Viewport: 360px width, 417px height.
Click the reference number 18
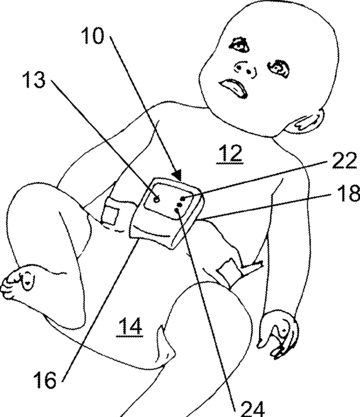[346, 194]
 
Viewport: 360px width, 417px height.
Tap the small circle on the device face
[156, 198]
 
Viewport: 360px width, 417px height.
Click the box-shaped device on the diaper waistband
[167, 213]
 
